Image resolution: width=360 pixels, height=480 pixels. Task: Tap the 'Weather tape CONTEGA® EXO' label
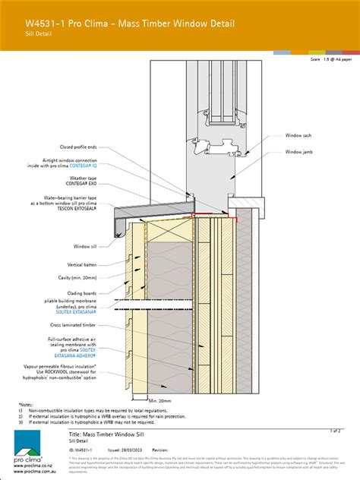coord(78,180)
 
